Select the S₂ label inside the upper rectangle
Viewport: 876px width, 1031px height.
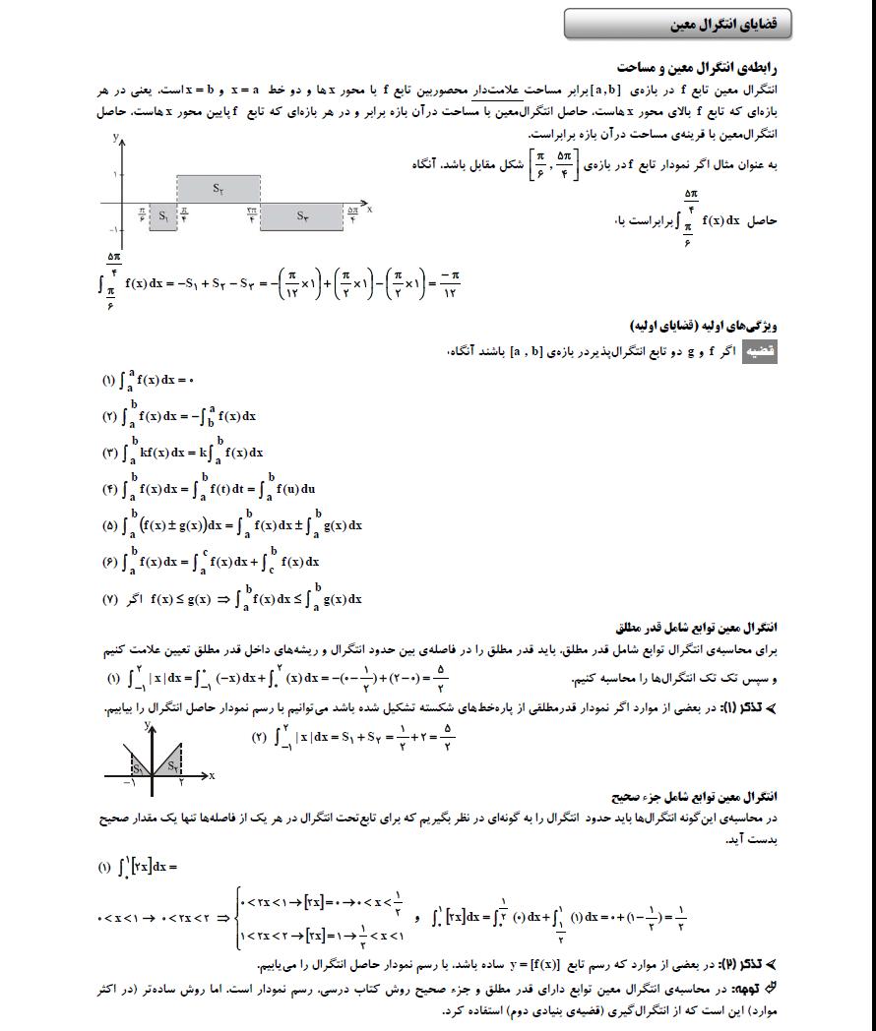pos(217,186)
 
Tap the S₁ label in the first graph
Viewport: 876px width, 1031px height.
pos(163,215)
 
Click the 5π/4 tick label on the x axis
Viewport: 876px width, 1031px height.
pos(351,212)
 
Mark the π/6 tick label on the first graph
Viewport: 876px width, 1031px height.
pos(142,213)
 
